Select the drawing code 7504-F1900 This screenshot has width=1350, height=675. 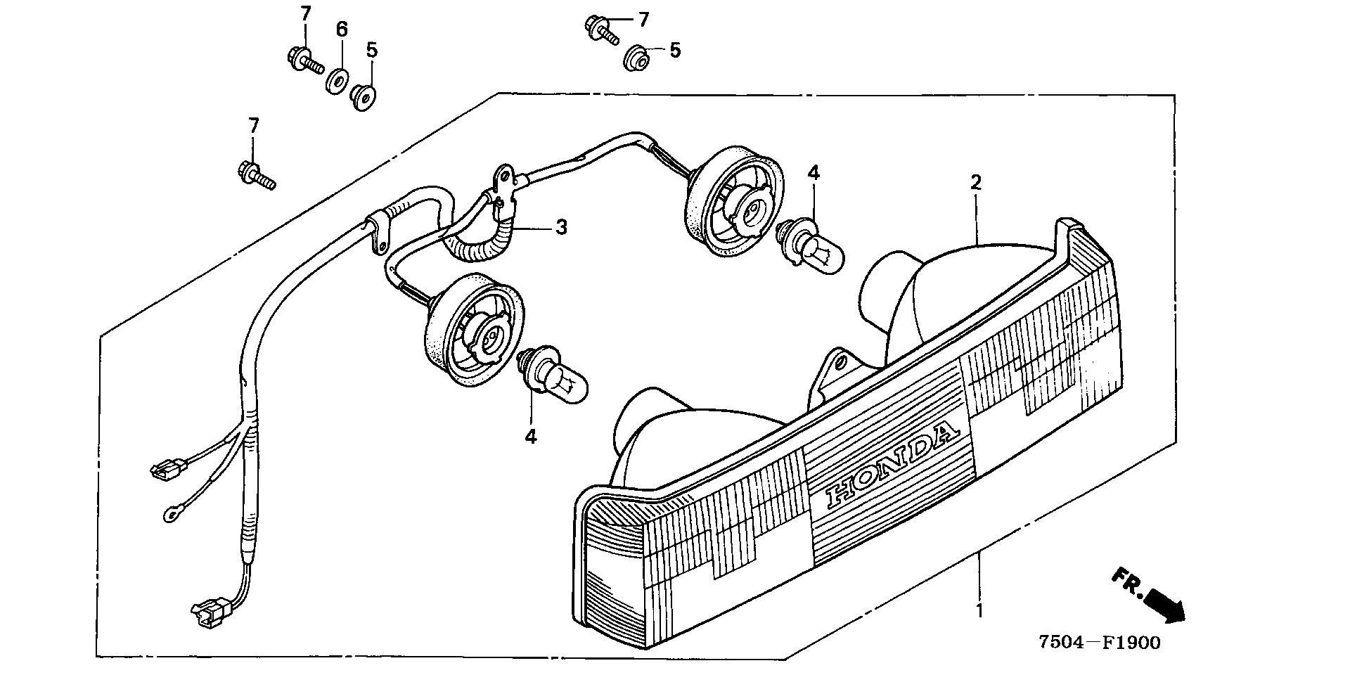pyautogui.click(x=1100, y=642)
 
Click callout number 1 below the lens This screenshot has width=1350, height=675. pyautogui.click(x=979, y=610)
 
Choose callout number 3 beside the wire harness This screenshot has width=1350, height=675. pyautogui.click(x=561, y=227)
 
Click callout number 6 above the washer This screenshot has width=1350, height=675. pyautogui.click(x=342, y=30)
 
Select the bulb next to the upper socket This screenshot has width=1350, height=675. pyautogui.click(x=812, y=243)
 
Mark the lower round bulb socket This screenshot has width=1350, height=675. pyautogui.click(x=475, y=330)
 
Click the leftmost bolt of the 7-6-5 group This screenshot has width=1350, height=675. pyautogui.click(x=304, y=60)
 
